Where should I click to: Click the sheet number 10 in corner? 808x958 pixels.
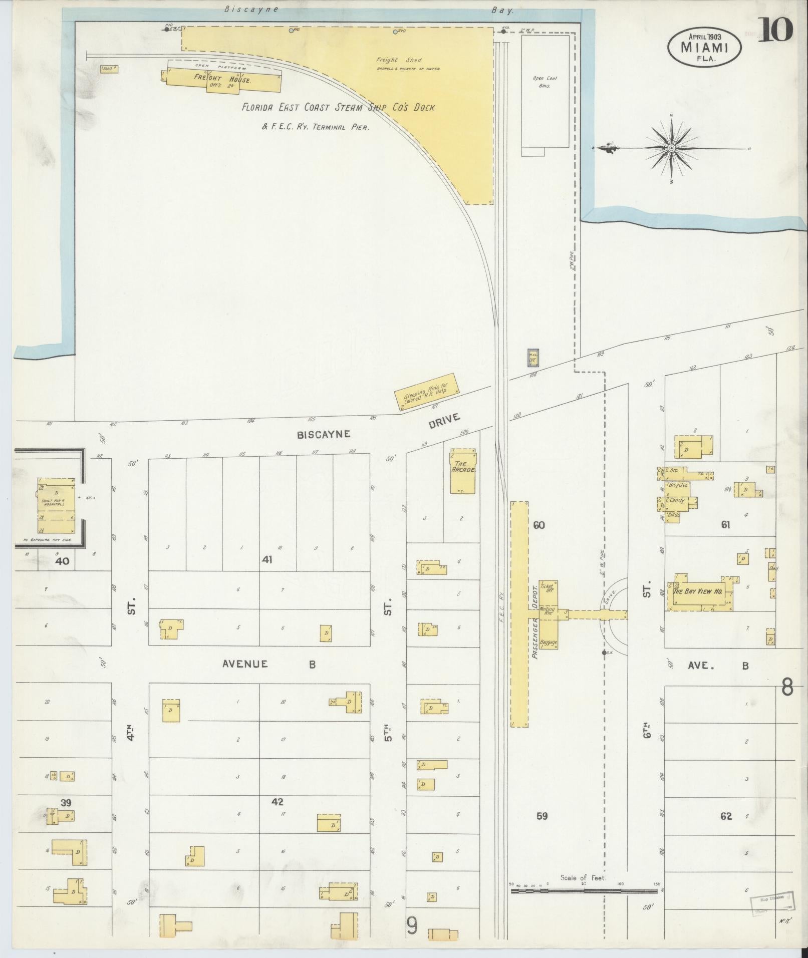pyautogui.click(x=775, y=30)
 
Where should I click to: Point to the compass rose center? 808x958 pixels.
pyautogui.click(x=671, y=148)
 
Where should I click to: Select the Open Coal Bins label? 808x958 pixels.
pyautogui.click(x=545, y=82)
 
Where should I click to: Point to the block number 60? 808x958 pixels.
pyautogui.click(x=539, y=525)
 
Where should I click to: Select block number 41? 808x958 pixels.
pyautogui.click(x=266, y=560)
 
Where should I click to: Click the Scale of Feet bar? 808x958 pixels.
pyautogui.click(x=584, y=891)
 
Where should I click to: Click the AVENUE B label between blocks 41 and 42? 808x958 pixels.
pyautogui.click(x=269, y=664)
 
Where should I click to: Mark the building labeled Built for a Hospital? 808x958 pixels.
pyautogui.click(x=56, y=505)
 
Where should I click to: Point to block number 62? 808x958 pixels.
pyautogui.click(x=726, y=816)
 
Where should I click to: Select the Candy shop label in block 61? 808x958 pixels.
pyautogui.click(x=676, y=500)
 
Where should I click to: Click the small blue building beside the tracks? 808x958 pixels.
pyautogui.click(x=532, y=358)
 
